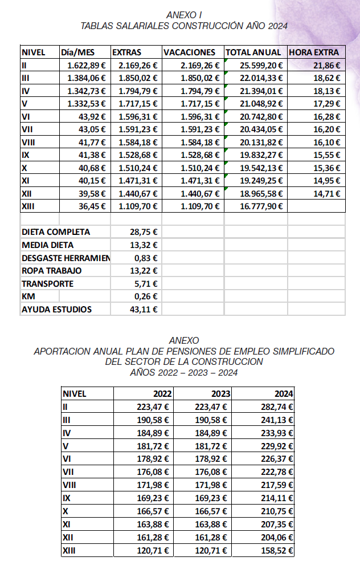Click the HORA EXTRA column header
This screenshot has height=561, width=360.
[314, 52]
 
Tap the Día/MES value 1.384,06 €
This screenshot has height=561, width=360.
[86, 78]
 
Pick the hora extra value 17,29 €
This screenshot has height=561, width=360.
[326, 103]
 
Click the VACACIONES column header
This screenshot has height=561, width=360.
[190, 52]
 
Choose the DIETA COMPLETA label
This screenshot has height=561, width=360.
[56, 232]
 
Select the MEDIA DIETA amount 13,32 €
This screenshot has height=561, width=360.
[144, 245]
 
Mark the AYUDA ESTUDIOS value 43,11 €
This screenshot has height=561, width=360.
[144, 310]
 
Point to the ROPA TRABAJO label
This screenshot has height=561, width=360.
[52, 271]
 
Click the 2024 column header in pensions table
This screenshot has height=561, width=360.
[283, 393]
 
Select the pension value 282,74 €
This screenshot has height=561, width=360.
[276, 406]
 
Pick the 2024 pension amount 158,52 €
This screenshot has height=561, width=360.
[276, 551]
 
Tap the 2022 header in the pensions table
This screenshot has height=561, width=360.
[162, 393]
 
